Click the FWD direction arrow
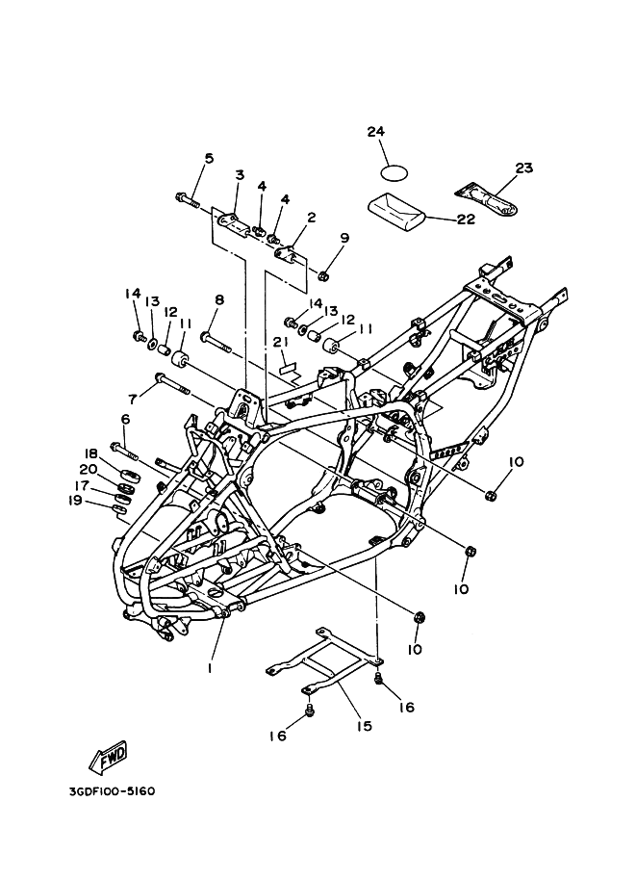108,758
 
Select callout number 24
375,133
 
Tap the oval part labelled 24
394,174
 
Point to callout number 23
523,168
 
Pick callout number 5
209,159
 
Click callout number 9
344,238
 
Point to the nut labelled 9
325,275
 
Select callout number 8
219,299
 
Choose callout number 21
280,343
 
